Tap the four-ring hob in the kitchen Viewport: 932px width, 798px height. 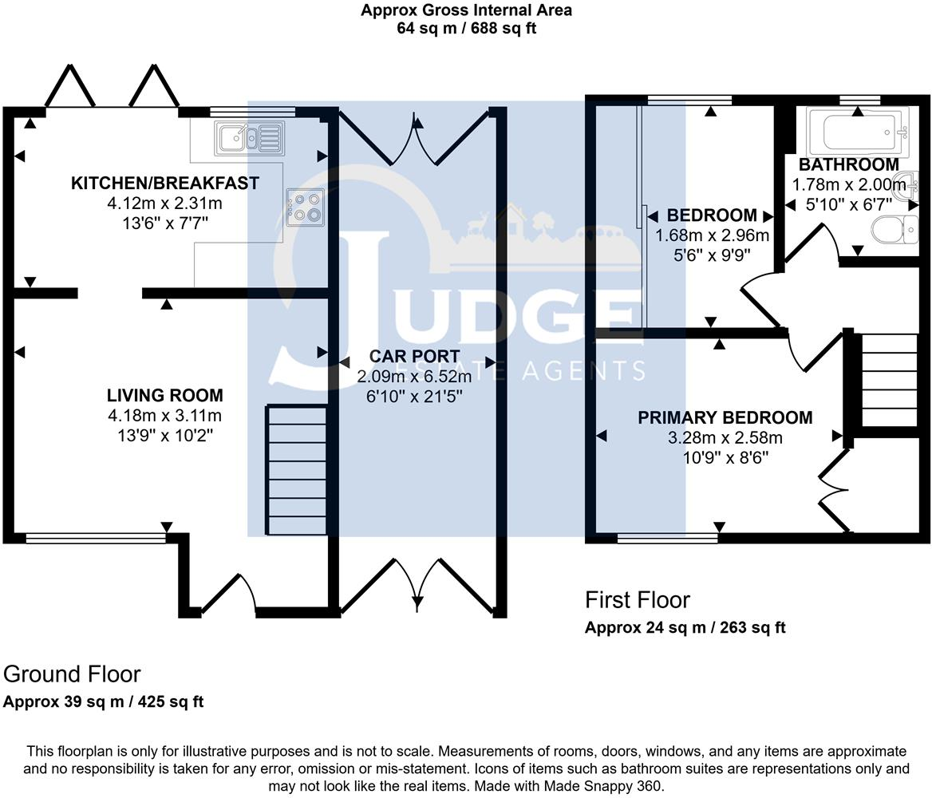(x=306, y=205)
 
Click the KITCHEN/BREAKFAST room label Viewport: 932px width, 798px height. (x=165, y=184)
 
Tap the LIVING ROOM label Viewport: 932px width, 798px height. (x=165, y=396)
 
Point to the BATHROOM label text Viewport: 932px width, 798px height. (x=849, y=165)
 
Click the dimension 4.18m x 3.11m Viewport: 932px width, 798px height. (x=165, y=416)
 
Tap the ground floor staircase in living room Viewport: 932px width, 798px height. (x=297, y=471)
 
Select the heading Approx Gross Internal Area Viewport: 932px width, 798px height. (x=466, y=10)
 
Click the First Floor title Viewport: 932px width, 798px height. (x=637, y=600)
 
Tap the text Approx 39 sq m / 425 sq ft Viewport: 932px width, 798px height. (x=104, y=702)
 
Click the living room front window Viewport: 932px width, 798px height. (x=96, y=539)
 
